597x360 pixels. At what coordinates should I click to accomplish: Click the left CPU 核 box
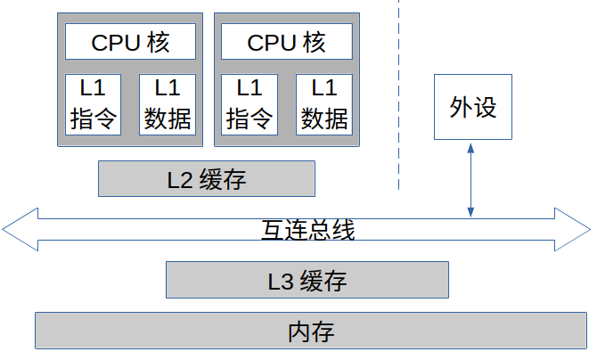(130, 42)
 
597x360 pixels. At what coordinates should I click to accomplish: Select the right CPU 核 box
(286, 42)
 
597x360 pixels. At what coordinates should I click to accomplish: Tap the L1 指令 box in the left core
(93, 104)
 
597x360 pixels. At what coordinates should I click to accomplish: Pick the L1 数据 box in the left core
(167, 104)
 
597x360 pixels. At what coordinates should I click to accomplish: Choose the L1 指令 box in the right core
(249, 104)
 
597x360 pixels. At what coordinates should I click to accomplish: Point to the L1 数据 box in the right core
(323, 104)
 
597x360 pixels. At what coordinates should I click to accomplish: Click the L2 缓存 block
(206, 178)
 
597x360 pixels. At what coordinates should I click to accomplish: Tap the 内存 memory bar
(311, 331)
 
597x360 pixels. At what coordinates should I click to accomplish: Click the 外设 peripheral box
(473, 107)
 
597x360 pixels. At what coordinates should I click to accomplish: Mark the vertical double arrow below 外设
(470, 178)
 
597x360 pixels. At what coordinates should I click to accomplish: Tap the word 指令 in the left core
(93, 119)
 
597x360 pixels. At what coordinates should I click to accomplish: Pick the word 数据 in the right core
(323, 119)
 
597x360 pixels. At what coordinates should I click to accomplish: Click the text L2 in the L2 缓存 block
(180, 179)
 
